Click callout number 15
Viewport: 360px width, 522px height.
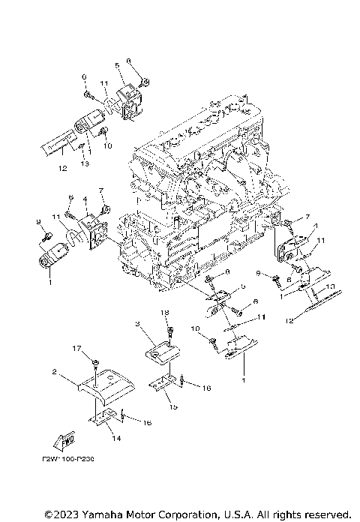point(172,406)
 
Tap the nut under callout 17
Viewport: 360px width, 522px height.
point(97,362)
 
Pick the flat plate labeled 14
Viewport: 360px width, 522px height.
point(106,418)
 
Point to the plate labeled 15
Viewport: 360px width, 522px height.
point(166,384)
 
